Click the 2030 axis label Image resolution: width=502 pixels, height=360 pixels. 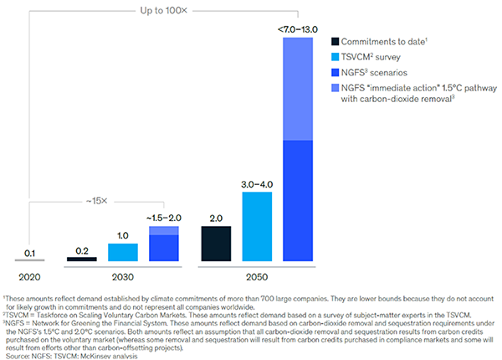coord(122,275)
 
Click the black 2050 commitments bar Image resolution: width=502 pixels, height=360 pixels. coord(216,243)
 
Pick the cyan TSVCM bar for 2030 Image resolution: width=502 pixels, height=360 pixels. coord(123,252)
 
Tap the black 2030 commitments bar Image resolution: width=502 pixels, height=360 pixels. coord(81,260)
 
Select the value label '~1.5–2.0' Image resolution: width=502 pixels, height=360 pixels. coord(163,218)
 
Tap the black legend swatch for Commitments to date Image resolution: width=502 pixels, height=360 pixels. coord(336,41)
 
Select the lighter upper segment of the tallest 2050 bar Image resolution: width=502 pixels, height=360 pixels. coord(303,89)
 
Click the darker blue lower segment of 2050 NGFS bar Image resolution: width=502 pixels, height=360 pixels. coord(303,201)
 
